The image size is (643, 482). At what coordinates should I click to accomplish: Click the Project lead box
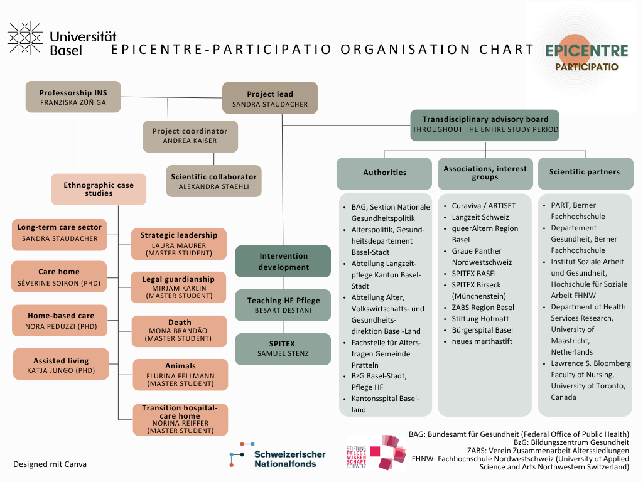click(x=269, y=99)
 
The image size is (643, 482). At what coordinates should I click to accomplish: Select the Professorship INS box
click(x=73, y=97)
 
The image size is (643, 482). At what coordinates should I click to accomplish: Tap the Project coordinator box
click(x=190, y=136)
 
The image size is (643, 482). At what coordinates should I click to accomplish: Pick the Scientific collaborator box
click(x=213, y=181)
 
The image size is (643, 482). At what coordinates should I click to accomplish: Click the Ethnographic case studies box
click(x=99, y=189)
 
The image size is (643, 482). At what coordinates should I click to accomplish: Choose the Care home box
click(x=59, y=277)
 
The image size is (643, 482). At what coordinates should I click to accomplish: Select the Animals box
click(x=180, y=375)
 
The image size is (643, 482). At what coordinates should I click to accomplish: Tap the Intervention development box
click(x=283, y=261)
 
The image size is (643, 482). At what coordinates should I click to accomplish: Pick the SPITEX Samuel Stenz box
click(x=283, y=349)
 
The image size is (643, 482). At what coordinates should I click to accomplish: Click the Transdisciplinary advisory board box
click(x=485, y=124)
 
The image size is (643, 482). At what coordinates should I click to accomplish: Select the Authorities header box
click(x=385, y=173)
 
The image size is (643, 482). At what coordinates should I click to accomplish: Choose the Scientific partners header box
click(x=585, y=173)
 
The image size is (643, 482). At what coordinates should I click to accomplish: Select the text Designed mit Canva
click(x=50, y=464)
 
